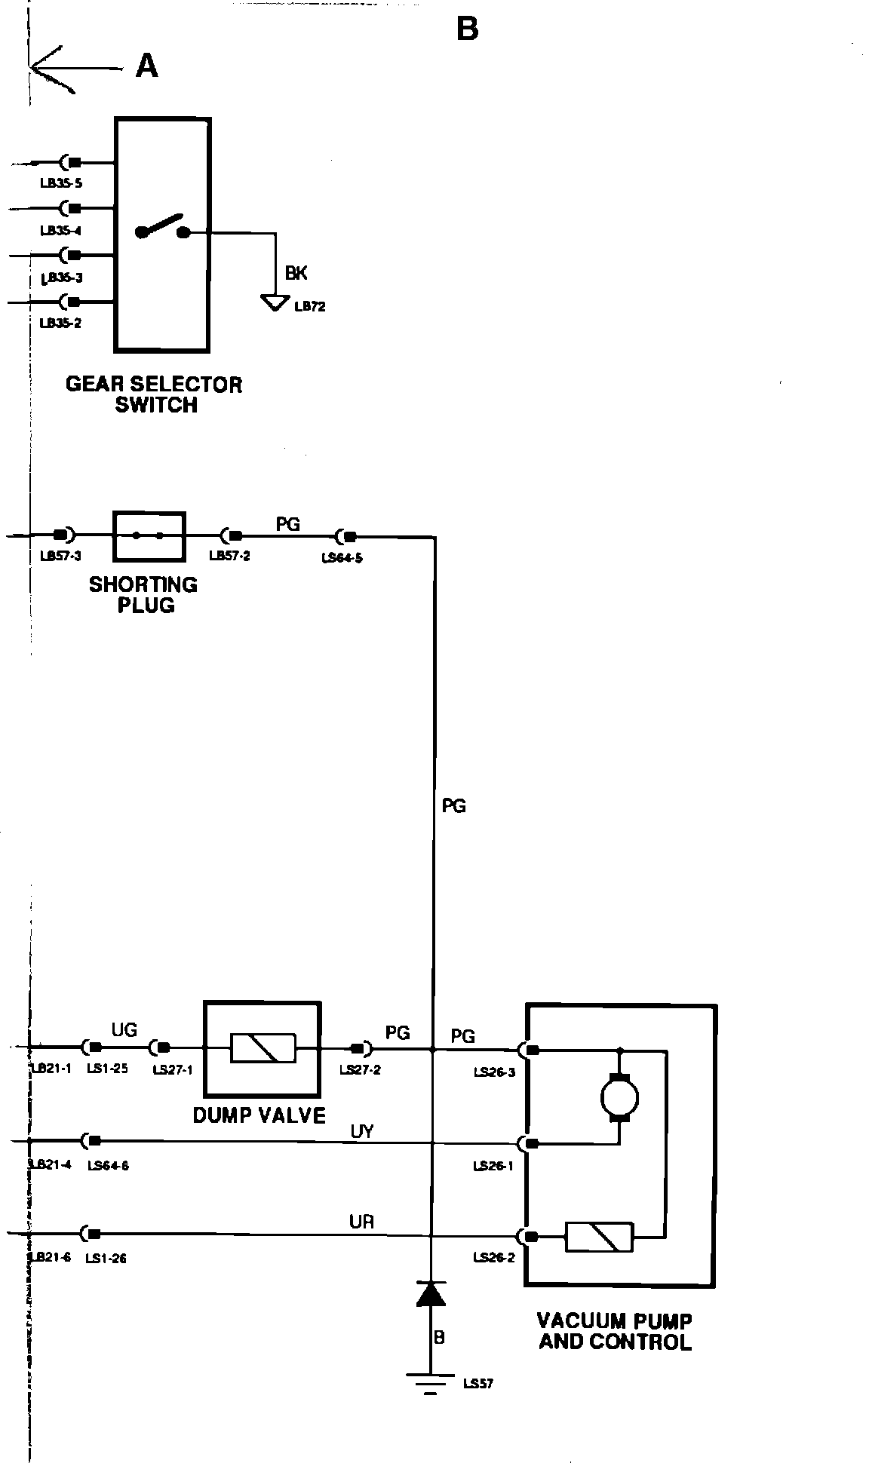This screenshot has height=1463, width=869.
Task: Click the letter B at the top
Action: pos(467,29)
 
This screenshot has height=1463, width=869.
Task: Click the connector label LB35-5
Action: pos(61,182)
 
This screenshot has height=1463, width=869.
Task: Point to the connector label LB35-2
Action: pos(61,323)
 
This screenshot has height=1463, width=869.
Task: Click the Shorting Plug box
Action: pos(149,536)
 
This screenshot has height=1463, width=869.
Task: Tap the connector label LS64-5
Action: pos(342,559)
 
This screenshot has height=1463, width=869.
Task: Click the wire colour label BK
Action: pos(296,273)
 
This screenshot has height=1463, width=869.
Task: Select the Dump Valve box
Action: pos(263,1048)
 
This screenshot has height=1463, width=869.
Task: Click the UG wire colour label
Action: pos(124,1029)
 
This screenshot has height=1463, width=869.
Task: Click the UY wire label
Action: pos(362,1132)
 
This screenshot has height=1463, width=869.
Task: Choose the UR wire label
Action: pos(362,1222)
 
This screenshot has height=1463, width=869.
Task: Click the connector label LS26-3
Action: pos(494,1072)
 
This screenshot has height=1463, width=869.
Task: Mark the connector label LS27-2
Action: pos(360,1069)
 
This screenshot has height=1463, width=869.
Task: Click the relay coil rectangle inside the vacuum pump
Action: pos(600,1237)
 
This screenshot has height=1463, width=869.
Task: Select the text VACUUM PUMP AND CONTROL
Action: pos(615,1331)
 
